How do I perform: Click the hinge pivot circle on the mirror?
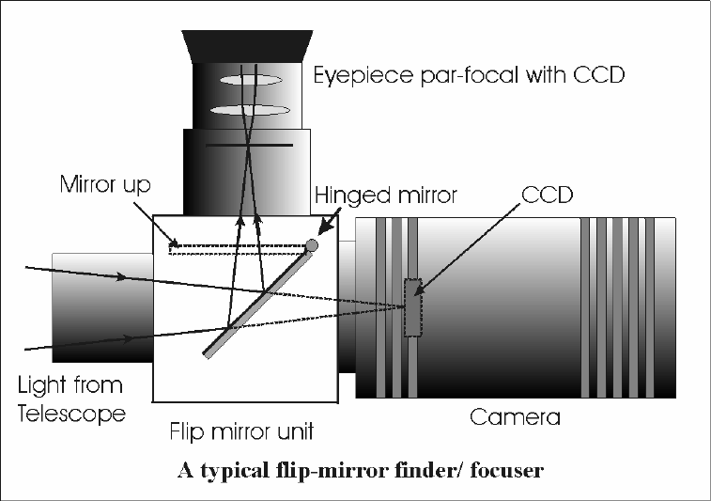tap(312, 245)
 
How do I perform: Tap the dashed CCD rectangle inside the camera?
tap(412, 307)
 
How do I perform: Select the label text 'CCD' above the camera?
tap(548, 195)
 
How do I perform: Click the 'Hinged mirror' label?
tap(386, 196)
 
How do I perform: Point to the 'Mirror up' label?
tap(105, 184)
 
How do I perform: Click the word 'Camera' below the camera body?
tap(515, 417)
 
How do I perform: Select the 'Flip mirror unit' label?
tap(241, 431)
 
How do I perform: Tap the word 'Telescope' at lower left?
tap(71, 414)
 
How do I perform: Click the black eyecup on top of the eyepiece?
tap(247, 46)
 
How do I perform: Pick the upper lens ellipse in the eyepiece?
tap(251, 80)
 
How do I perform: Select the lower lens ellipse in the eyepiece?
tap(250, 110)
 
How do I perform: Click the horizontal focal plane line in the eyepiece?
tap(249, 145)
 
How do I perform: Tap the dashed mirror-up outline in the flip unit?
tap(238, 249)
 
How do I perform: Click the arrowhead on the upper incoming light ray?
tap(120, 276)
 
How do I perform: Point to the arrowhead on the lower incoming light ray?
tap(129, 338)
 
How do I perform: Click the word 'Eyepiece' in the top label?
tap(363, 75)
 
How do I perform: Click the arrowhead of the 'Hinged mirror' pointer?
tap(324, 228)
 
